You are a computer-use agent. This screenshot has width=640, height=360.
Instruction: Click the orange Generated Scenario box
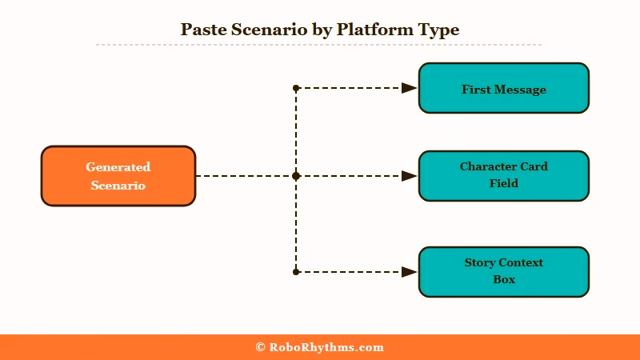pos(118,176)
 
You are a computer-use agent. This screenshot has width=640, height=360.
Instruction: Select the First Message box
pos(503,88)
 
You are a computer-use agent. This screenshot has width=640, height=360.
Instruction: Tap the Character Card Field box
pos(503,176)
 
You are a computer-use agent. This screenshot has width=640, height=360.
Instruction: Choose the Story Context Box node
pos(503,272)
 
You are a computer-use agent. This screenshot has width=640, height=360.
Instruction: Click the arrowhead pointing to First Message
pos(409,88)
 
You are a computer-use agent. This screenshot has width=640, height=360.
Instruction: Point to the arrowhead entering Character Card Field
pos(409,176)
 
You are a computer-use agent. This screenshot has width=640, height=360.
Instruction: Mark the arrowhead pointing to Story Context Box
pos(409,272)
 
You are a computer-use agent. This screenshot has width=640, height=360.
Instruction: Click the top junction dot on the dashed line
pos(296,88)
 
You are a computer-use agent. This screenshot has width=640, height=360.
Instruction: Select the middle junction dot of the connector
pos(296,176)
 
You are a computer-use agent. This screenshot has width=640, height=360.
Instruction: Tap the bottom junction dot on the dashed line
pos(296,272)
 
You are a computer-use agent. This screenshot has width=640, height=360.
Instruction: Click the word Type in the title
pos(438,30)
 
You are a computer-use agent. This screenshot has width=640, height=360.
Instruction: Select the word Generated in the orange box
pos(118,167)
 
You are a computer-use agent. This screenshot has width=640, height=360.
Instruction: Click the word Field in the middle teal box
pos(504,183)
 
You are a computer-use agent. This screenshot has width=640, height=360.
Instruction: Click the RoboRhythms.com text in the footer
pos(326,347)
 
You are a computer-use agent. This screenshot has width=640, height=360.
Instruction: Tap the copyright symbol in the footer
pos(260,347)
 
